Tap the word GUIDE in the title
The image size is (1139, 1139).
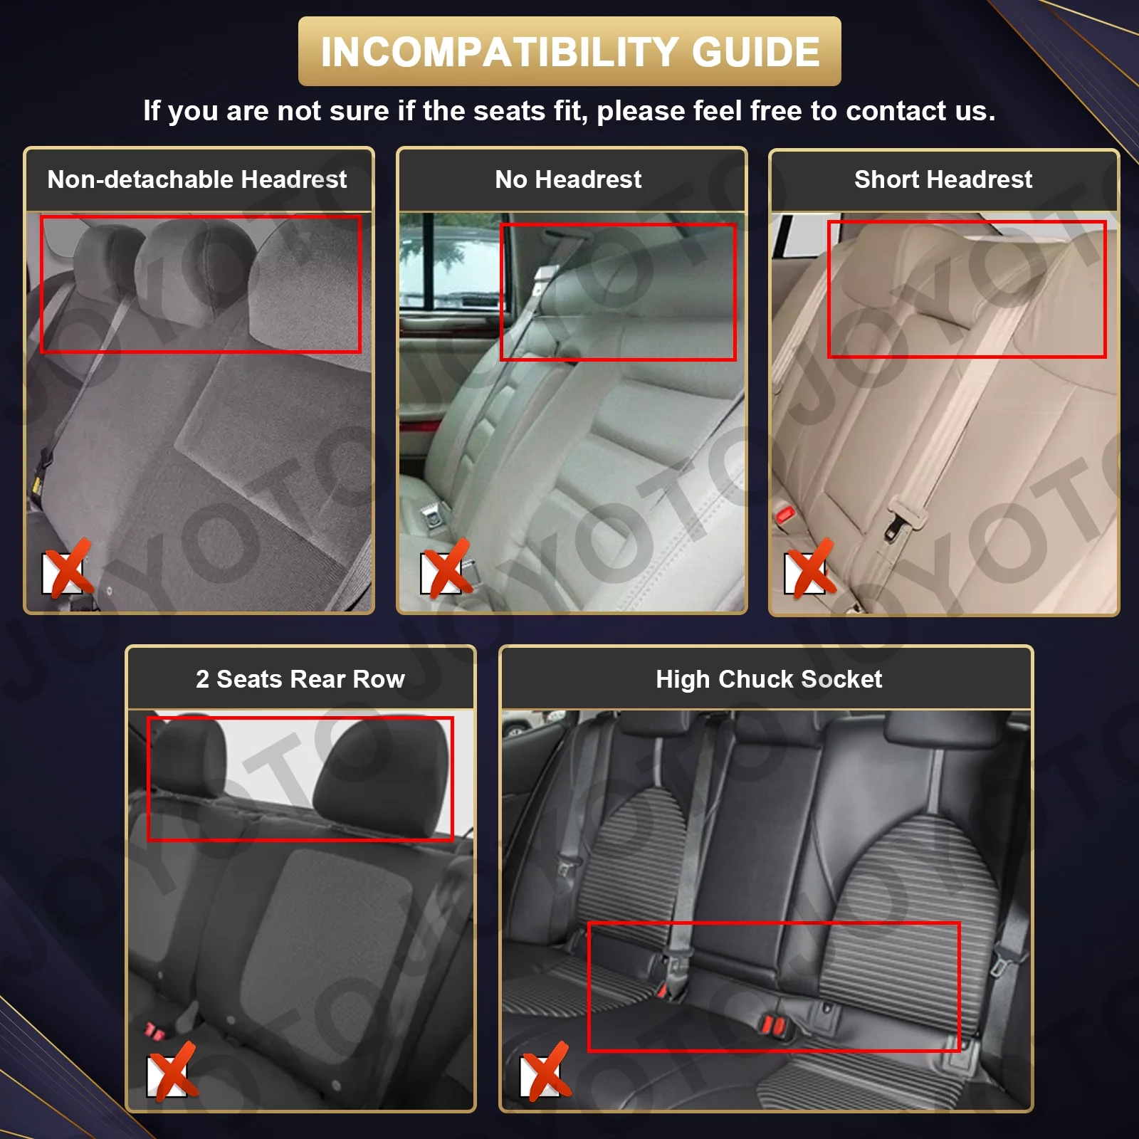point(756,52)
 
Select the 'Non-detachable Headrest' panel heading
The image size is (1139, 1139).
point(197,179)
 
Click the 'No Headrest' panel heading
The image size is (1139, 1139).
point(568,179)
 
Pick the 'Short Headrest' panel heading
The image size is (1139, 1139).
point(943,179)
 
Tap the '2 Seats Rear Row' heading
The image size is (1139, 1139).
point(300,679)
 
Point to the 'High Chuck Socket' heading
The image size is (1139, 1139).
point(768,679)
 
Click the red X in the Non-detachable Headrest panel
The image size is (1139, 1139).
point(68,568)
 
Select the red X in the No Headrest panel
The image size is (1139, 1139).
point(446,568)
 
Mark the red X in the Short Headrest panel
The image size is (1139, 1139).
point(810,568)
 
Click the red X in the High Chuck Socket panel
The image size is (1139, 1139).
point(545,1072)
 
